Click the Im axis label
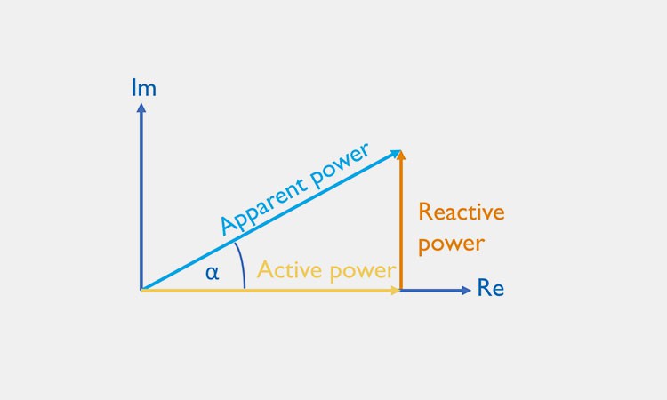pyautogui.click(x=143, y=89)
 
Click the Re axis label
pyautogui.click(x=491, y=289)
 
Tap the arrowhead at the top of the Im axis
pyautogui.click(x=141, y=108)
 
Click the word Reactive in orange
pyautogui.click(x=461, y=212)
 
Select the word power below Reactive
pyautogui.click(x=451, y=244)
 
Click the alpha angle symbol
pyautogui.click(x=212, y=273)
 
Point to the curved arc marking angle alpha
pyautogui.click(x=241, y=267)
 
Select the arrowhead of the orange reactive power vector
pyautogui.click(x=401, y=156)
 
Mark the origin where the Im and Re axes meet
pyautogui.click(x=141, y=290)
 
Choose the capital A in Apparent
pyautogui.click(x=229, y=227)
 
